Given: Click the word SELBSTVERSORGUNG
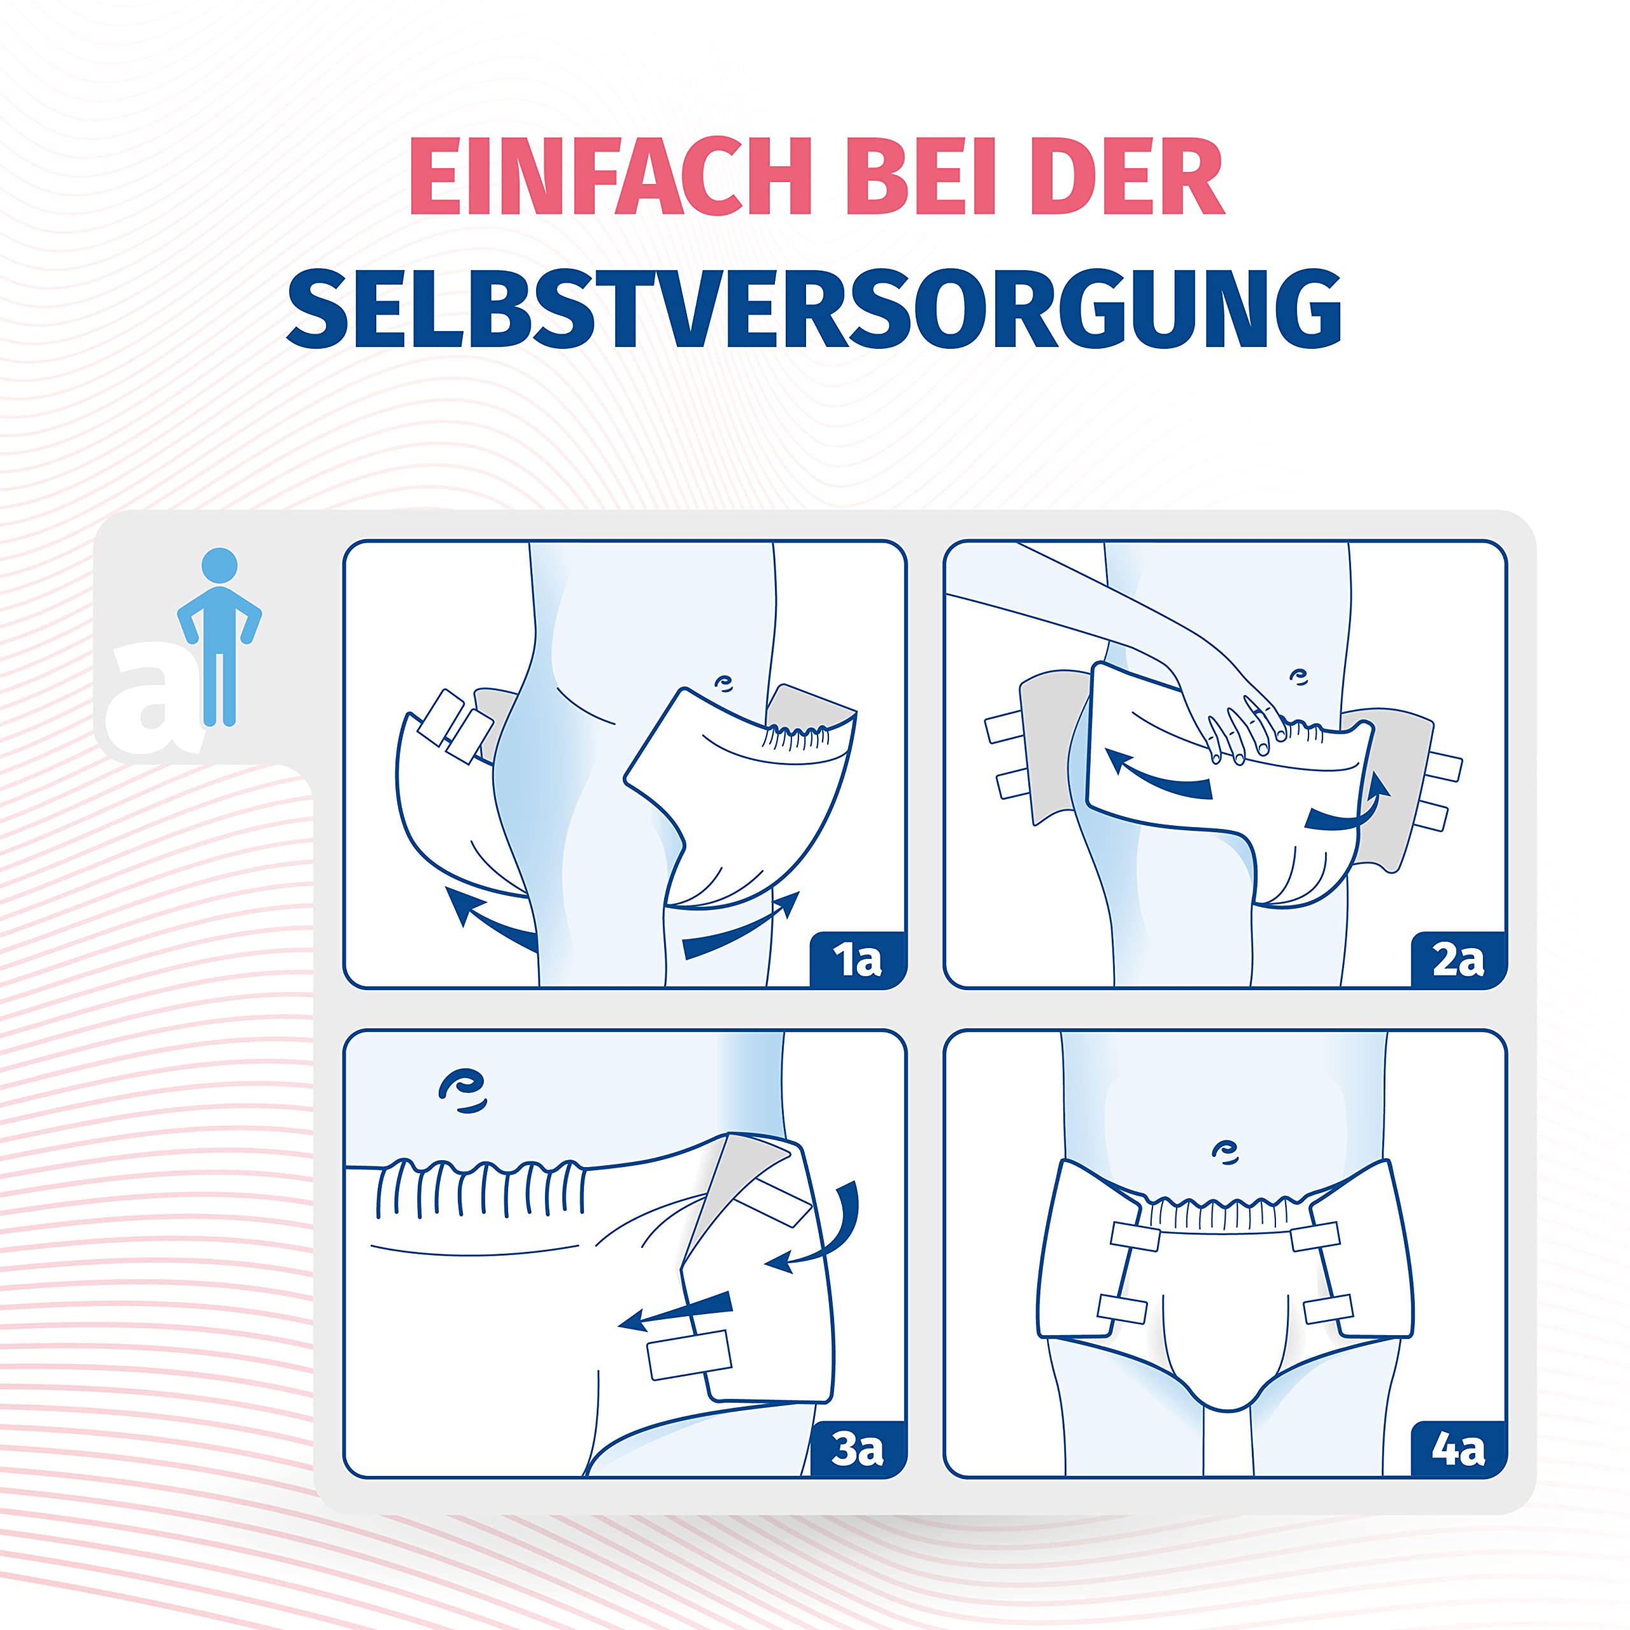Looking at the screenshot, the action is coord(814,308).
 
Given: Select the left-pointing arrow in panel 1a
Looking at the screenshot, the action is coord(490,916).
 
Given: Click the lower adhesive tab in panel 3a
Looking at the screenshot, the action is coord(688,1355).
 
